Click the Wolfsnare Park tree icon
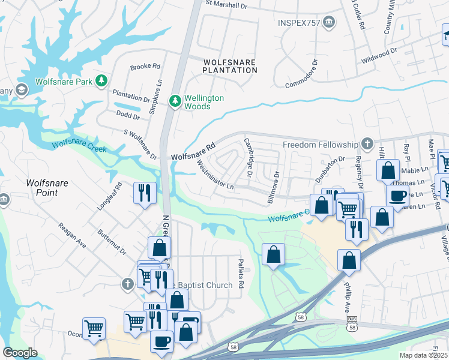tap(102, 80)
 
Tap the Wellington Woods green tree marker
tap(175, 101)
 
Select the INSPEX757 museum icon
tap(329, 23)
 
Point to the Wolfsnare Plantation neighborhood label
tap(229, 66)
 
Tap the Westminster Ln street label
tap(215, 177)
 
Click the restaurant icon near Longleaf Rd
tap(144, 192)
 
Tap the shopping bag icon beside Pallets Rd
tap(274, 254)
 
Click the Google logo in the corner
tap(20, 353)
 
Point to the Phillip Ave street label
tap(347, 304)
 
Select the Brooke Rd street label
tap(145, 67)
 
